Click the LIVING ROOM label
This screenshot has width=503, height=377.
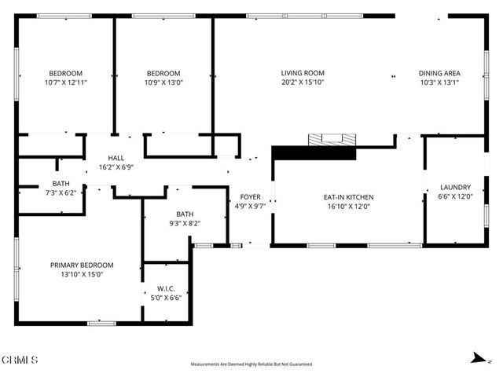pyautogui.click(x=303, y=73)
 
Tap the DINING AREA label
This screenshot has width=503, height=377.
pyautogui.click(x=439, y=73)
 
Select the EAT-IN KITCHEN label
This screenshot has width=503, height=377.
pyautogui.click(x=348, y=197)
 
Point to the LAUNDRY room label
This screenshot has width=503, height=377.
pyautogui.click(x=455, y=187)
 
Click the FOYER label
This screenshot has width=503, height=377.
pyautogui.click(x=250, y=197)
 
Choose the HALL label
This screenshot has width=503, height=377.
pyautogui.click(x=116, y=157)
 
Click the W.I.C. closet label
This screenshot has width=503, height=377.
pyautogui.click(x=166, y=288)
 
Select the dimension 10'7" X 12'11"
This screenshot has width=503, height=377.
pyautogui.click(x=66, y=82)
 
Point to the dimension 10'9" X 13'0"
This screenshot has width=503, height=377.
pyautogui.click(x=163, y=82)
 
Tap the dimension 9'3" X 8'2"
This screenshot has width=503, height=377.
pyautogui.click(x=185, y=223)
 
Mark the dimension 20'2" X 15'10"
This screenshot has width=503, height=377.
pyautogui.click(x=303, y=82)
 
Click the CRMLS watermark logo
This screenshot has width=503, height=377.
pyautogui.click(x=20, y=359)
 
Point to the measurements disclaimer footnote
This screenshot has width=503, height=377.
pyautogui.click(x=251, y=364)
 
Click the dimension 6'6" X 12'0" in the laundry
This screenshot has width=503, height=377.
pyautogui.click(x=455, y=196)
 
